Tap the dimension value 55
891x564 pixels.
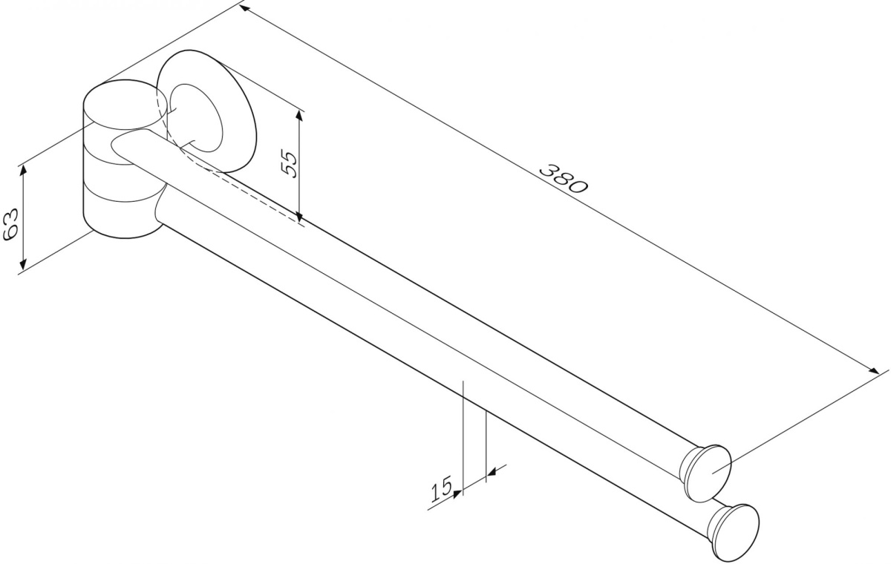pyautogui.click(x=289, y=164)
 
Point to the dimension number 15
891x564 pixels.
pyautogui.click(x=442, y=488)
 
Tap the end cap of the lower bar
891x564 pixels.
pyautogui.click(x=737, y=533)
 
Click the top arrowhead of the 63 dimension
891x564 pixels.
pyautogui.click(x=24, y=169)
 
